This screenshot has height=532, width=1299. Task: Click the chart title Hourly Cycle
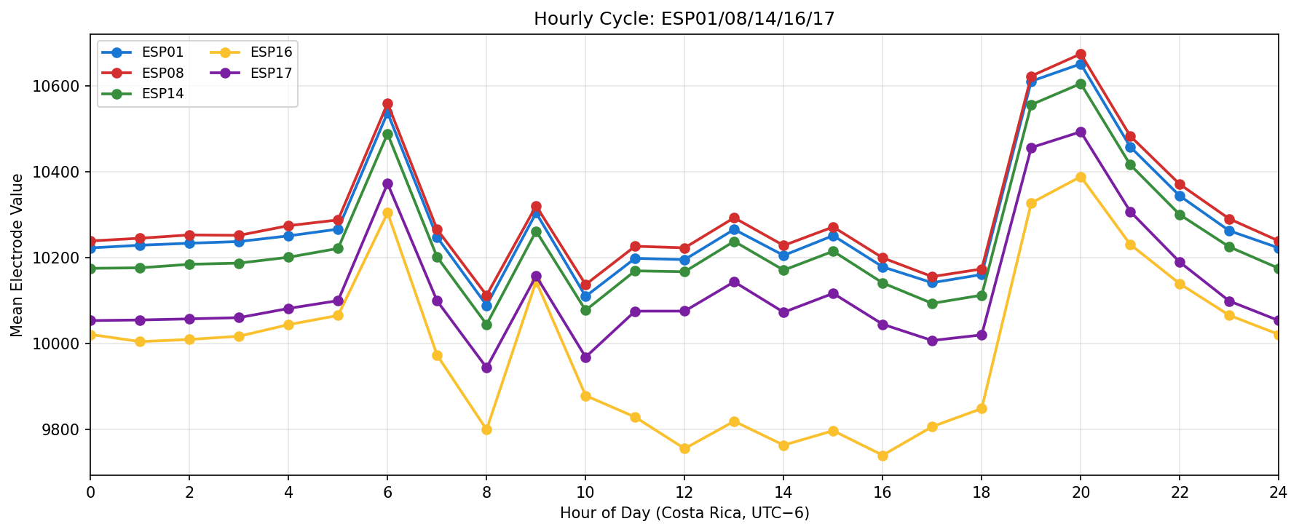tap(684, 19)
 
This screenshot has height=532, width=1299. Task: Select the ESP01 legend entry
tap(162, 52)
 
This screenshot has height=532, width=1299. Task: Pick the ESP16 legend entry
tap(271, 52)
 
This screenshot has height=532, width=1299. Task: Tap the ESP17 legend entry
tap(271, 73)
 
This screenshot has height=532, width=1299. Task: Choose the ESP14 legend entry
tap(162, 93)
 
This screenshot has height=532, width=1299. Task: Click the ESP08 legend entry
tap(162, 73)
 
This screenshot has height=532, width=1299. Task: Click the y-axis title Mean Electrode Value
tap(17, 255)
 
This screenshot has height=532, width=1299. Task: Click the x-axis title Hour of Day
tap(684, 514)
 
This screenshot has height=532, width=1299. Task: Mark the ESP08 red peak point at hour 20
tap(1081, 55)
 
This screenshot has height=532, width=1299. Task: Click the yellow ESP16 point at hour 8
tap(486, 429)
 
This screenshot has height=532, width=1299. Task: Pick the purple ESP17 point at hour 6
tap(387, 184)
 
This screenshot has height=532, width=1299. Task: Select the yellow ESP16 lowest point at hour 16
tap(883, 456)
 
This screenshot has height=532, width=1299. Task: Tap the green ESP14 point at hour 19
tap(1031, 105)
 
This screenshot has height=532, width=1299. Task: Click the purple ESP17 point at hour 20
tap(1081, 132)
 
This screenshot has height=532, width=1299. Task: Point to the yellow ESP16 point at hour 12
tap(684, 448)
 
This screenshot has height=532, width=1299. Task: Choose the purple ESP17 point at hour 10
tap(585, 357)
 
